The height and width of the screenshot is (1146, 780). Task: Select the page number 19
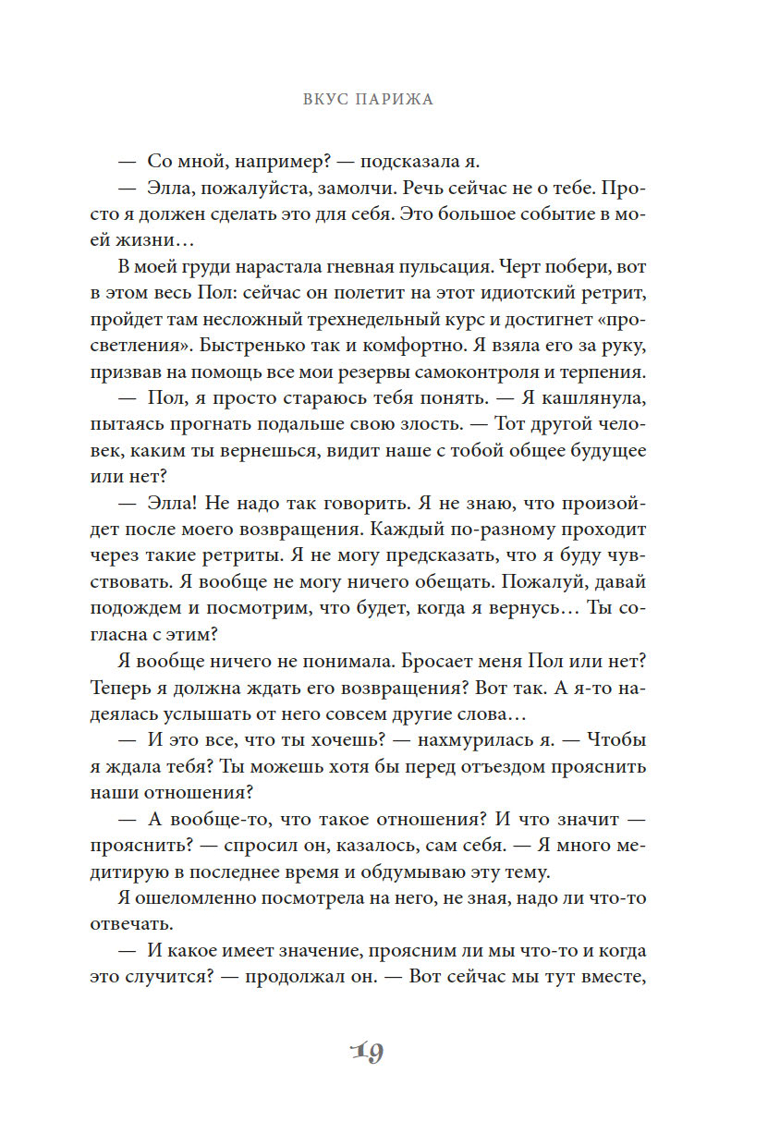[x=367, y=1053]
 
